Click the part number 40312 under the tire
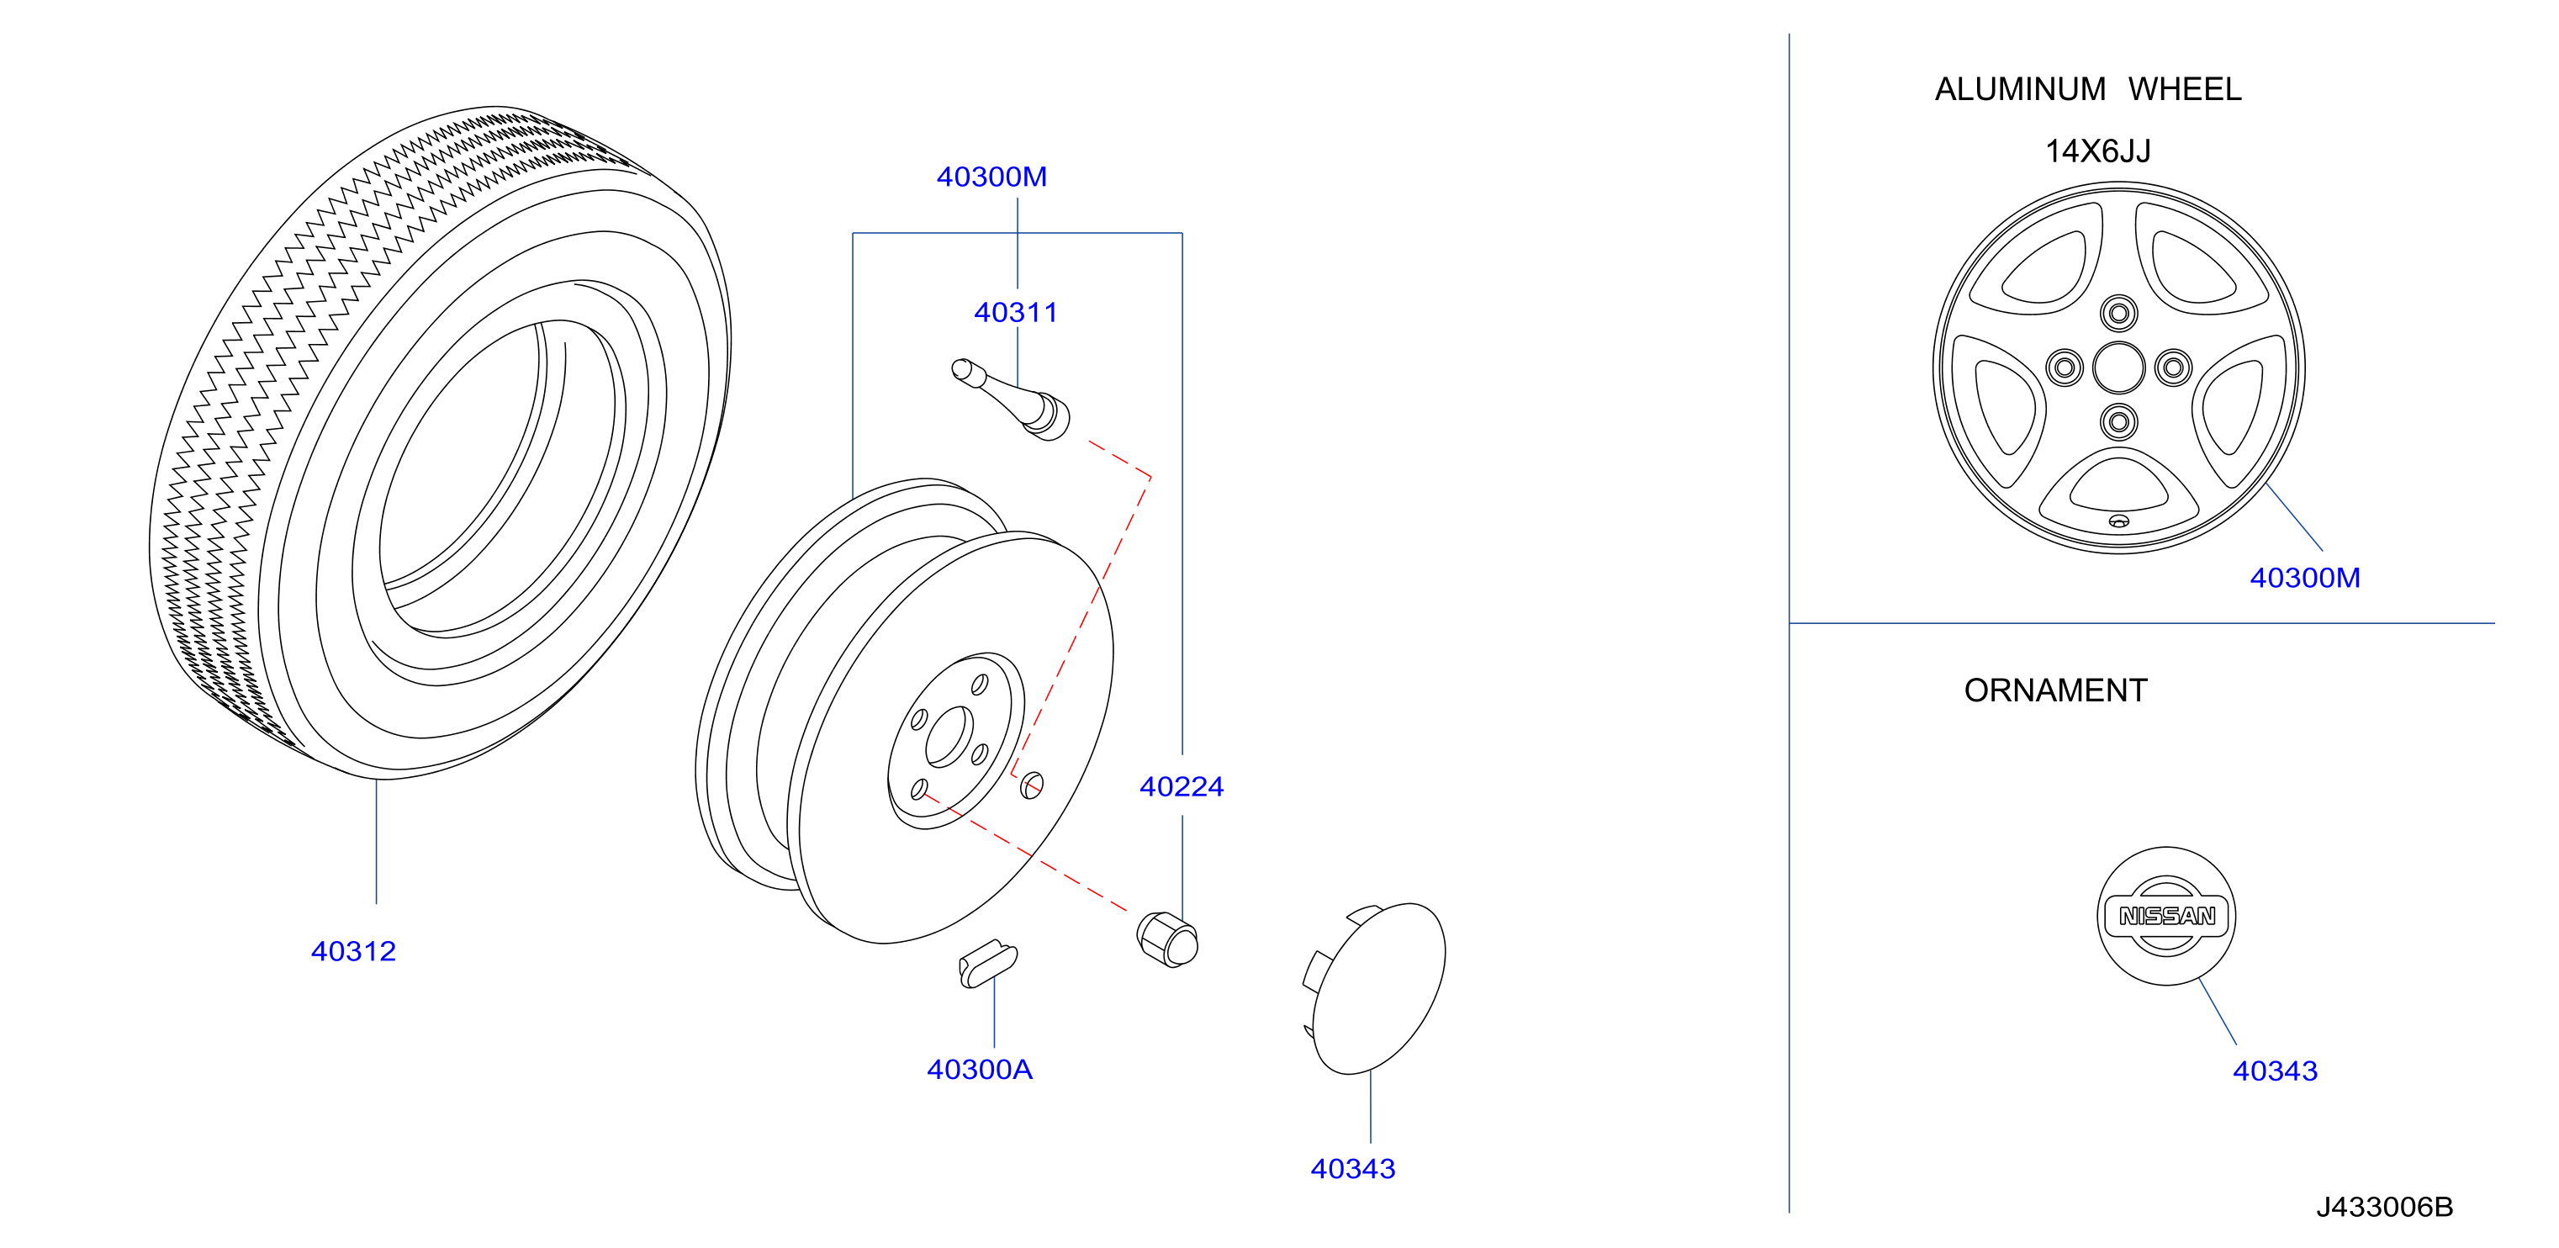pyautogui.click(x=354, y=952)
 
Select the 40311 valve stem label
pyautogui.click(x=1015, y=313)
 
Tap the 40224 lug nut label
pyautogui.click(x=1182, y=787)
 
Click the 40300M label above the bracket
pyautogui.click(x=991, y=177)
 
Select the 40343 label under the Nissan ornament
pyautogui.click(x=2275, y=1071)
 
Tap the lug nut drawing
pyautogui.click(x=1167, y=939)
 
